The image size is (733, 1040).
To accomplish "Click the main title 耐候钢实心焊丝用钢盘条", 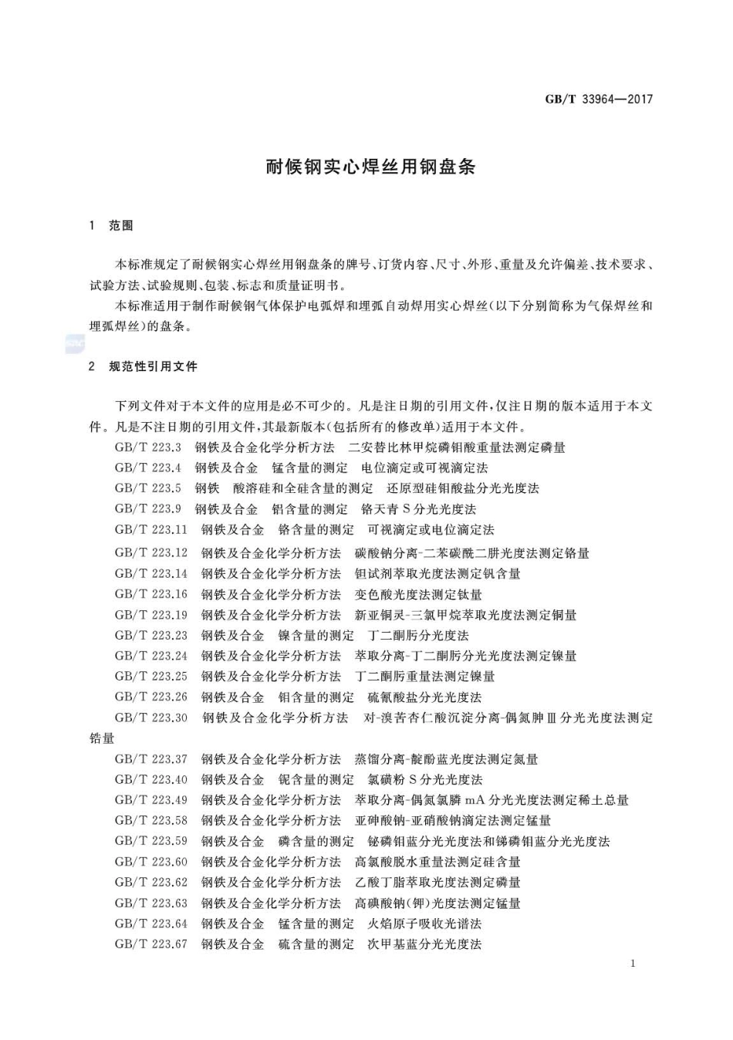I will coord(370,167).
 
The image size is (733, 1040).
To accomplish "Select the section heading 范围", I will coord(121,225).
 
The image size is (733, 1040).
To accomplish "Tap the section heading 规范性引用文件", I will coord(153,366).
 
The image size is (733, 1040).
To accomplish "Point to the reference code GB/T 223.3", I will coord(148,447).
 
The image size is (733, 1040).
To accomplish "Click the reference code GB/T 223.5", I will coord(148,488).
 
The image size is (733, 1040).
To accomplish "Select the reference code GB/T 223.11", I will coord(151,530).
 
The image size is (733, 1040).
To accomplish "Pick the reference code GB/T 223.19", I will coord(151,615).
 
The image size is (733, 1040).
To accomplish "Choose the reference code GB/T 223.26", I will coord(151,697).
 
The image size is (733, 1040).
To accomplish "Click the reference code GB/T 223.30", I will coord(151,718).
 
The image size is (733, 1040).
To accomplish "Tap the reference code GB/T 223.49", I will coord(151,800).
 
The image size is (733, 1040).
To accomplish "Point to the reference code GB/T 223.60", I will coord(151,862).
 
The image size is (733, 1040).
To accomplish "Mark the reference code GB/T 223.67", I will coord(151,944).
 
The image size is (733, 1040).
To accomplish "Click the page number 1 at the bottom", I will coord(633,964).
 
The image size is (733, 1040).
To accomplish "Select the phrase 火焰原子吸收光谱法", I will coord(424,924).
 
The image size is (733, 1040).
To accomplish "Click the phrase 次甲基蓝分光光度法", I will coord(424,944).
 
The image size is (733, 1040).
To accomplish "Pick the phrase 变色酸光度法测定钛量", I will coord(418,594).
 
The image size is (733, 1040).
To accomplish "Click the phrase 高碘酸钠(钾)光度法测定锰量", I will coord(437,903).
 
